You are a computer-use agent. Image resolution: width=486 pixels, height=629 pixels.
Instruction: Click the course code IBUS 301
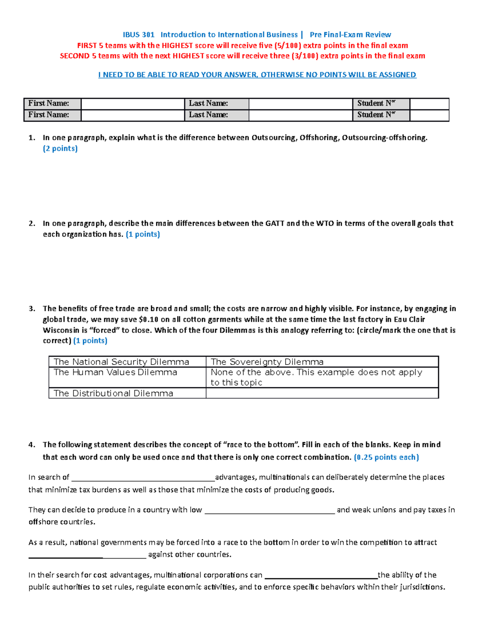139,35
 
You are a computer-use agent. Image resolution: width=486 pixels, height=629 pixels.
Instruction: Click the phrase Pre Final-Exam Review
350,35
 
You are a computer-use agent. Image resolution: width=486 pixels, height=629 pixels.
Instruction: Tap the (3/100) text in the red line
305,56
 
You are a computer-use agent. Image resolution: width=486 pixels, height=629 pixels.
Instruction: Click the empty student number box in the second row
429,115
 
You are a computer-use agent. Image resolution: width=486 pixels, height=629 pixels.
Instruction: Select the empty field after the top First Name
132,104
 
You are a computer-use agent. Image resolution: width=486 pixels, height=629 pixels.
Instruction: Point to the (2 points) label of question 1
60,149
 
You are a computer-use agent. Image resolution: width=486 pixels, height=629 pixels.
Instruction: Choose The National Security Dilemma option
121,362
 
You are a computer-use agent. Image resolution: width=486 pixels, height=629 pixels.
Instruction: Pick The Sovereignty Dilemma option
267,362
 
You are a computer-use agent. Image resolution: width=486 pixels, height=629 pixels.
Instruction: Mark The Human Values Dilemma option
115,372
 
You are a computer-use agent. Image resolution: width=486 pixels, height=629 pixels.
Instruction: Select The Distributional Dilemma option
113,393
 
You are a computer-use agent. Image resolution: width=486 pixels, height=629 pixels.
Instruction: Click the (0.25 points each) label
386,457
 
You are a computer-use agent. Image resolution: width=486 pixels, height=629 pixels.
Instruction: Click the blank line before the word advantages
143,478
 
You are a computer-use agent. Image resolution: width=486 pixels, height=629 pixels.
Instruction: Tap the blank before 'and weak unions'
269,510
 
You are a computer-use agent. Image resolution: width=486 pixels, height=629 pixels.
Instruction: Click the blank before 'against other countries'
87,555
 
